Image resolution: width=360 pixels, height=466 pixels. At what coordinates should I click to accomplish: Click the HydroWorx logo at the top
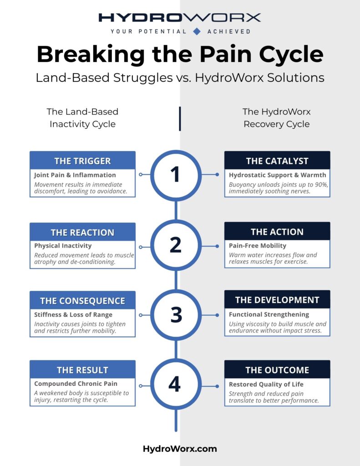coord(180,18)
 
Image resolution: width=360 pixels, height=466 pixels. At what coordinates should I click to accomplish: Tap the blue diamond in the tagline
coord(197,31)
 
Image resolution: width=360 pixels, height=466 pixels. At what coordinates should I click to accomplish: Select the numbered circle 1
coord(176,175)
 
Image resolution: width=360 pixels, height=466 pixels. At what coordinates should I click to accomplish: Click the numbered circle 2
coord(176,245)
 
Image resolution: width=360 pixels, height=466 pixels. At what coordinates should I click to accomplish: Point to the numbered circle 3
coord(176,315)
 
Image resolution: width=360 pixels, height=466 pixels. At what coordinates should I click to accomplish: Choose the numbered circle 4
coord(176,385)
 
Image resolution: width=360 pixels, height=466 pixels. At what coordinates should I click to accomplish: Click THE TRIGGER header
coord(82,161)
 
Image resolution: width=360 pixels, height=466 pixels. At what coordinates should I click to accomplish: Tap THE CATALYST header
coord(277,161)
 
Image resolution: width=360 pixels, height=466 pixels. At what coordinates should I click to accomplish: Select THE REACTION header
coord(82,232)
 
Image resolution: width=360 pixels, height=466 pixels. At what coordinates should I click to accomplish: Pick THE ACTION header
coord(277,232)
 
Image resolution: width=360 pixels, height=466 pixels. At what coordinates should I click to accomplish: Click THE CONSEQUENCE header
coord(82,301)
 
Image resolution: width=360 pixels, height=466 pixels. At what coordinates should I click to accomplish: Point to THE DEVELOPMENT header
coord(277,300)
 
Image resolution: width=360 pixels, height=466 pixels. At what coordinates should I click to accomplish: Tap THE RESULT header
coord(82,370)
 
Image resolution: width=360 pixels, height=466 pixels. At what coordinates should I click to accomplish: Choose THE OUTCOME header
coord(277,370)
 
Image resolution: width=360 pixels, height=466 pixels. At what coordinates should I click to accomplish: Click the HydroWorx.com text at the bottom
coord(180,449)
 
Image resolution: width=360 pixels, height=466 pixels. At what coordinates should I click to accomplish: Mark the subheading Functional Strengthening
coord(269,314)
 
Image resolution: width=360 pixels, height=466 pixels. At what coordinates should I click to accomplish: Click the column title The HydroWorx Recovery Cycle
coord(276,117)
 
